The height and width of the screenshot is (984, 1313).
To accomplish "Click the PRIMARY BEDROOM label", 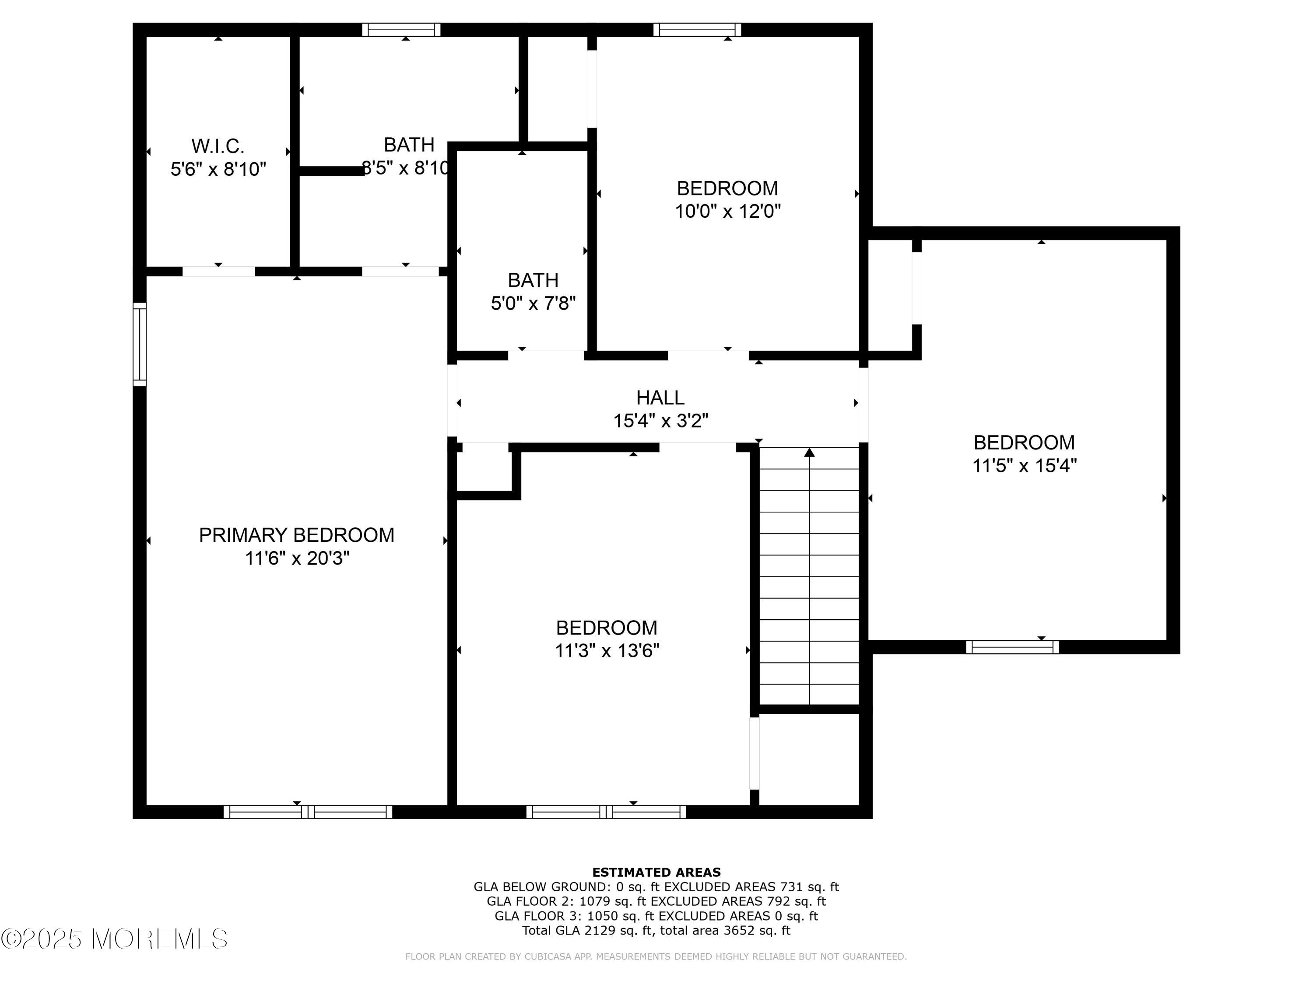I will (296, 535).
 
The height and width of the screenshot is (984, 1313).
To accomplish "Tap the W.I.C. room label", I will (218, 146).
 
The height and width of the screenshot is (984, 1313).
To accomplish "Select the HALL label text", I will (660, 398).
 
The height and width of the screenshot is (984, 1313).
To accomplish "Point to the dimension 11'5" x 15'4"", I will (1024, 466).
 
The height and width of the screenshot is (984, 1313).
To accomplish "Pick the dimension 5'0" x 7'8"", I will (533, 304).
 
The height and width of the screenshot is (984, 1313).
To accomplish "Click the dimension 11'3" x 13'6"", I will (607, 651).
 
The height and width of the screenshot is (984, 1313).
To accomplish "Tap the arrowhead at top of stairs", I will (809, 453).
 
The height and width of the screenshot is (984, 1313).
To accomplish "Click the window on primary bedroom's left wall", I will (140, 344).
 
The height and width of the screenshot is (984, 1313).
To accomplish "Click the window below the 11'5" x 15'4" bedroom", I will (1012, 647).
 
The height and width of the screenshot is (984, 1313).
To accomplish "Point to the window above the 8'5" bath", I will (401, 30).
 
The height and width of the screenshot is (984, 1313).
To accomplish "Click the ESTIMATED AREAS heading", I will (656, 872).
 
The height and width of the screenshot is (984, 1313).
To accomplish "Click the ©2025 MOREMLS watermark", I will (114, 939).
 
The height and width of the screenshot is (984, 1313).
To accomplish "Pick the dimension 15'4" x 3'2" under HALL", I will (660, 421).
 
